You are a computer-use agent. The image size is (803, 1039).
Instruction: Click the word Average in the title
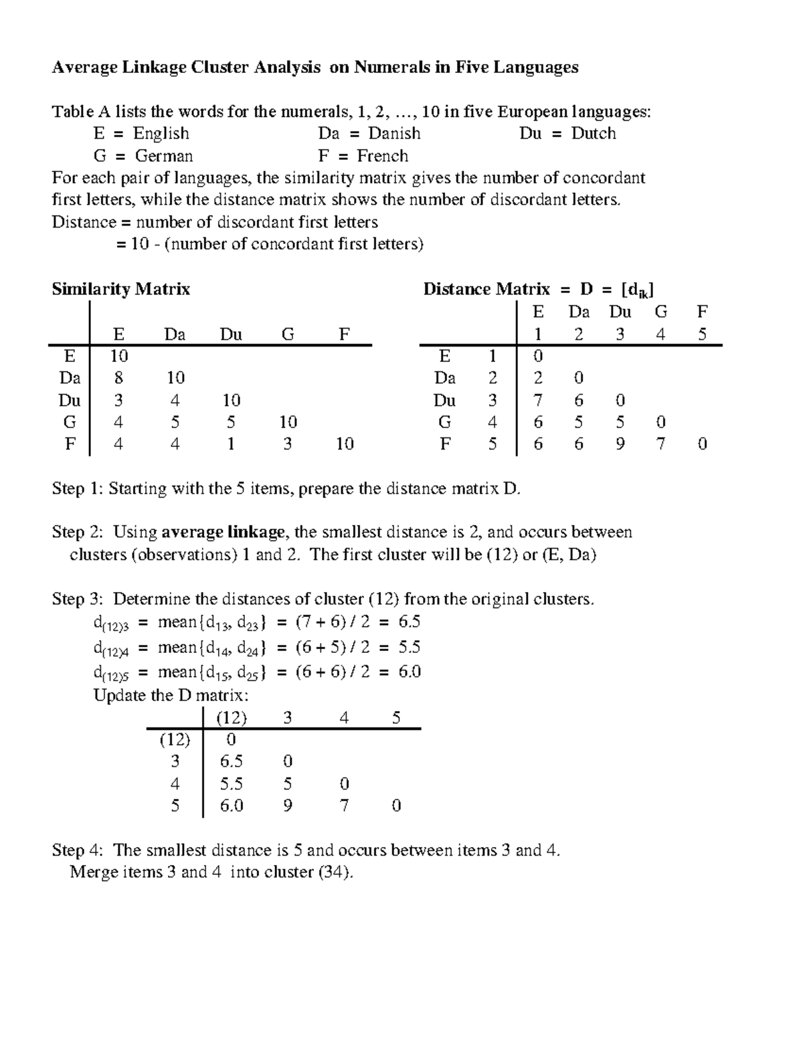click(84, 67)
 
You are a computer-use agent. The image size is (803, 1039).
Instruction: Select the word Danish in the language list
click(394, 133)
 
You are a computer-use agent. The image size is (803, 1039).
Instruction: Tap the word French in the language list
click(382, 156)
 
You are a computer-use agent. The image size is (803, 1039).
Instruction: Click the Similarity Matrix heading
click(121, 289)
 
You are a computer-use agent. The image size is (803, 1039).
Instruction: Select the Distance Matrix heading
click(486, 289)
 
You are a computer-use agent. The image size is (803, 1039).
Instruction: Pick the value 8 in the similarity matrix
click(118, 378)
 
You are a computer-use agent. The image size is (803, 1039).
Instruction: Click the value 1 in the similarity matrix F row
click(231, 444)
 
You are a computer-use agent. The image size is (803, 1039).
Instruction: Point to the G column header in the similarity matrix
click(288, 334)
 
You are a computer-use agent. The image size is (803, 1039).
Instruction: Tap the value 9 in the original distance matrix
click(620, 444)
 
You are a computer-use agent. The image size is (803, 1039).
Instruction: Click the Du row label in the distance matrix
click(445, 400)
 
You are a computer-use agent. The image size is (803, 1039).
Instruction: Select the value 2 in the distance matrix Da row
click(538, 378)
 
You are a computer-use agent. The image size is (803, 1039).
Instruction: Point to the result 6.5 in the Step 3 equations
click(409, 622)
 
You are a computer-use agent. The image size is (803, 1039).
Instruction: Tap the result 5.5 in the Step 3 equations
click(409, 648)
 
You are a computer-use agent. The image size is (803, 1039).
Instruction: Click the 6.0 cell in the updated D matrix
click(232, 806)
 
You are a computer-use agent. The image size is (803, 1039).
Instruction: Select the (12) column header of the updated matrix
click(232, 718)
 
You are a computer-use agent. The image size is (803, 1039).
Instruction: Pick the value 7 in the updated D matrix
click(344, 806)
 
